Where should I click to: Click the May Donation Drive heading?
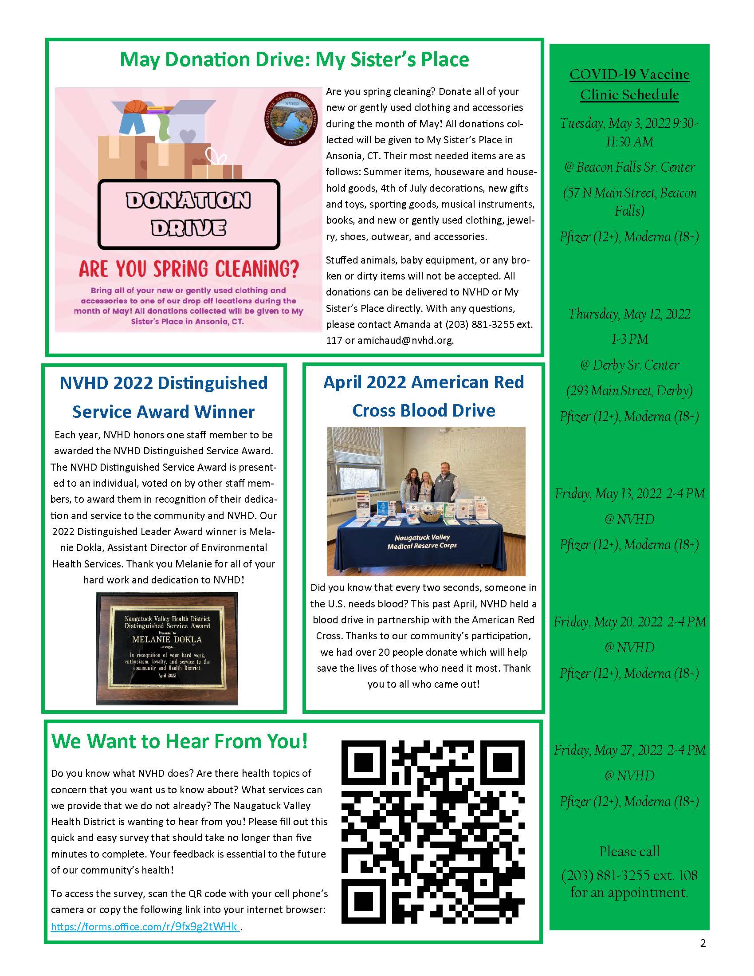coord(295,59)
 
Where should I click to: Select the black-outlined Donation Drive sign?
coord(188,214)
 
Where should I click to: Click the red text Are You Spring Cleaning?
coord(188,268)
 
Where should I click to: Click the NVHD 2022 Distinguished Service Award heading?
coord(164,397)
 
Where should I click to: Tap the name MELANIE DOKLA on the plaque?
coord(167,639)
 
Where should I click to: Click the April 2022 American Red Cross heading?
coord(423,396)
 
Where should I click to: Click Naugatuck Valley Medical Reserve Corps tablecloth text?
coord(422,541)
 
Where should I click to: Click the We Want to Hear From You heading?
coord(180,741)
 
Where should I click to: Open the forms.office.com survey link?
coord(145,926)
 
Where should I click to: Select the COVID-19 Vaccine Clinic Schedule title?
coord(629,84)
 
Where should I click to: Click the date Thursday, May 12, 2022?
coord(629,314)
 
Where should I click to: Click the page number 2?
coord(703,943)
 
